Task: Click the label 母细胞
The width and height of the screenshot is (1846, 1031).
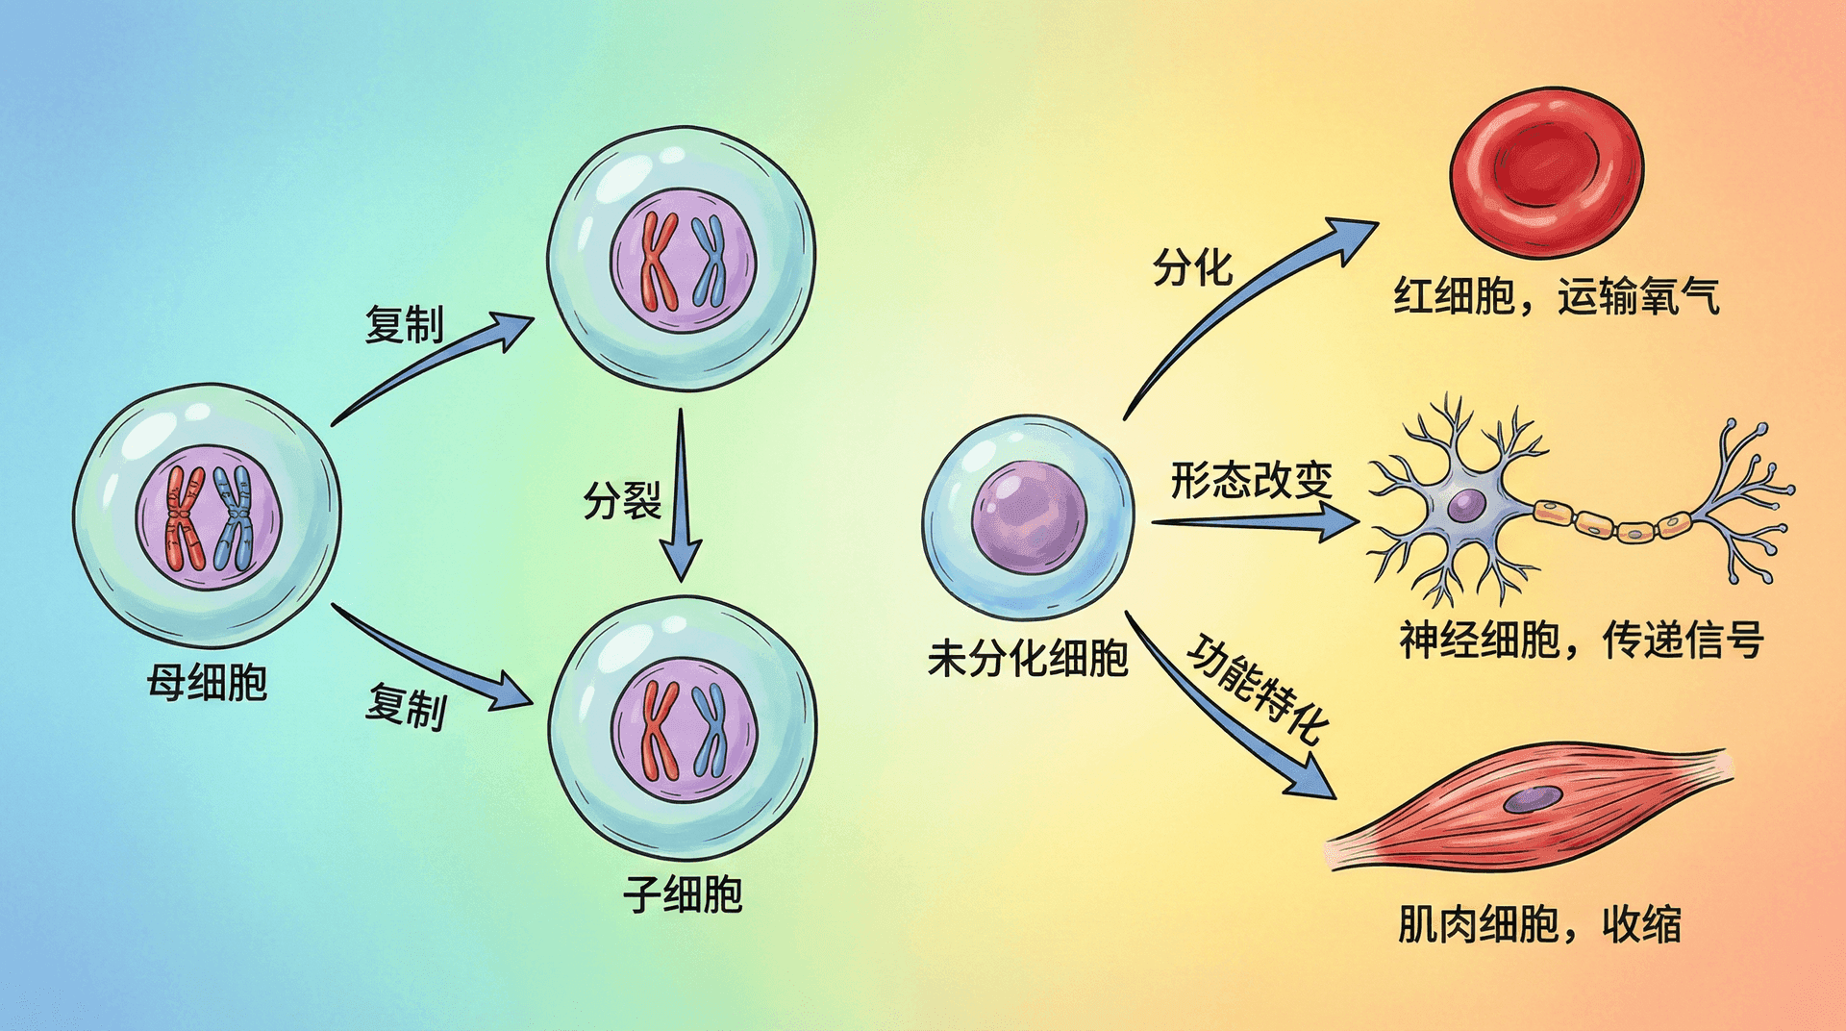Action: tap(207, 683)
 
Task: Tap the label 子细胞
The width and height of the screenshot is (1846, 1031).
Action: tap(683, 894)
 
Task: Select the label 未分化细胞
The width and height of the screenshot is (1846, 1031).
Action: tap(1028, 659)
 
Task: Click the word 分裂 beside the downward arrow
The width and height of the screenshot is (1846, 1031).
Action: tap(623, 500)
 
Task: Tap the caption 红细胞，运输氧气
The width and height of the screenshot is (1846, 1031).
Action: tap(1557, 296)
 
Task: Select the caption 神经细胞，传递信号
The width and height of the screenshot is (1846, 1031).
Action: tap(1582, 640)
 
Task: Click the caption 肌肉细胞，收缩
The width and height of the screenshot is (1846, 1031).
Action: tap(1539, 925)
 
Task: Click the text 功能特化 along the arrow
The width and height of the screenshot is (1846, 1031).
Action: tap(1259, 689)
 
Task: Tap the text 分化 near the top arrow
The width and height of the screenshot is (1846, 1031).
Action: tap(1192, 266)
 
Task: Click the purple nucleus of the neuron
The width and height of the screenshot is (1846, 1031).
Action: tap(1466, 505)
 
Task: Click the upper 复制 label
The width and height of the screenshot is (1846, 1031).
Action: tap(405, 324)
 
